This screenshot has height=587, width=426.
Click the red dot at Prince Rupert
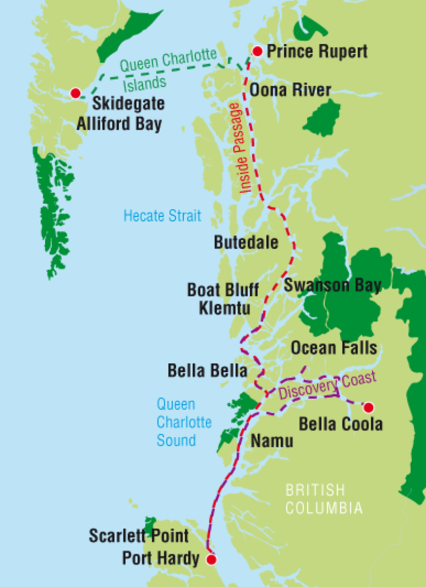pos(257,51)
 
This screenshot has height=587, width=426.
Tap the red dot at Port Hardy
pos(211,560)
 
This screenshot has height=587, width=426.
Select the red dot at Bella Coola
pos(367,407)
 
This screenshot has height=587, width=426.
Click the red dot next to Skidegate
pos(75,93)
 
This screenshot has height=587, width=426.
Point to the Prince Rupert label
pos(317,52)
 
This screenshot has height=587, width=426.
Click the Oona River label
pos(290,89)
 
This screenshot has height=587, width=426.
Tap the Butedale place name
pos(246,242)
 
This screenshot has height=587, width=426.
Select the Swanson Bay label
pos(332,286)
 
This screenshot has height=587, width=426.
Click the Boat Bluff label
pos(223,290)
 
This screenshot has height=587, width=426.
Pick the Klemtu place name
pos(225,307)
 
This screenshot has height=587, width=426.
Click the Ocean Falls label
pos(334,348)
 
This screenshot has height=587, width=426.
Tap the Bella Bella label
pos(207,371)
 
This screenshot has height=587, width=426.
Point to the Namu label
pos(272,441)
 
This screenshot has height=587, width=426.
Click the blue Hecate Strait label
pos(162,216)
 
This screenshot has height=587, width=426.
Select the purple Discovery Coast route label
pos(327,386)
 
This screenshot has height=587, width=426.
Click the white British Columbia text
pos(323,499)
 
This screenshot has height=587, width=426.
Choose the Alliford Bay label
pos(119,123)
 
